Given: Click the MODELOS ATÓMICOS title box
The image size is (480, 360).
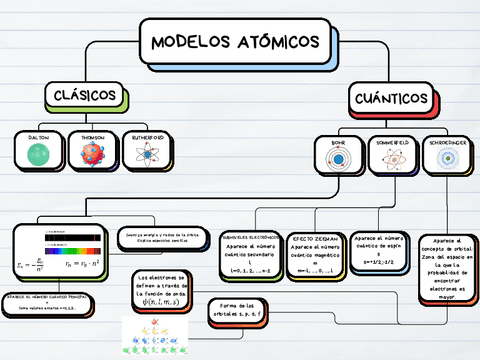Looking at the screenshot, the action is (x=236, y=42).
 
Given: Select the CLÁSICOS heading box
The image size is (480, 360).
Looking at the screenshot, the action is (x=87, y=96).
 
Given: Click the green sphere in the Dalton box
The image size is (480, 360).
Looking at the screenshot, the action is (x=38, y=153).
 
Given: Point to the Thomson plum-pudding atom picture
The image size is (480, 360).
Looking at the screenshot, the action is (x=92, y=154).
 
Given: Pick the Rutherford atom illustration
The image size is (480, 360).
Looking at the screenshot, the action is (x=147, y=154).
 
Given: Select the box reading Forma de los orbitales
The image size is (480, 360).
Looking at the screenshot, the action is (x=238, y=309).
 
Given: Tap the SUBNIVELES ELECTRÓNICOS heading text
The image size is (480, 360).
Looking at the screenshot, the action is (x=251, y=238).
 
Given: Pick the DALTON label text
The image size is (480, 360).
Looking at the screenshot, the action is (x=38, y=136).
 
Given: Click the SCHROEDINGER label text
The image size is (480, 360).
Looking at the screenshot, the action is (x=445, y=142).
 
